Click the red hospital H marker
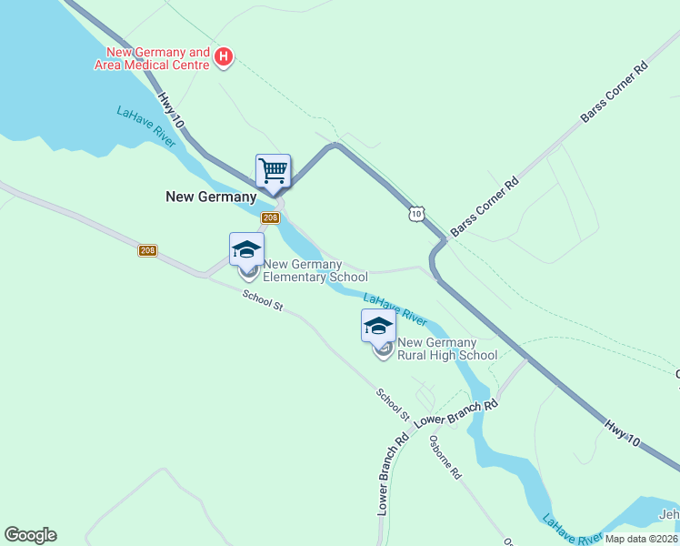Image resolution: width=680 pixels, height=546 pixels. [x=224, y=59]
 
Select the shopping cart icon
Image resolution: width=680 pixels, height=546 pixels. [x=273, y=170]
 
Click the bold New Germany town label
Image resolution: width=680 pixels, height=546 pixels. [x=211, y=196]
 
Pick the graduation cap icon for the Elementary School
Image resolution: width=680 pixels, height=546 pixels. [x=246, y=249]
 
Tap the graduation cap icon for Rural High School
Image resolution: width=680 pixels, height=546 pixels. [x=378, y=326]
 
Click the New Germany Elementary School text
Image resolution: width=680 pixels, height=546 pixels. [x=315, y=270]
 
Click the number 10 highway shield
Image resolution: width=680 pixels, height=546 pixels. [x=415, y=213]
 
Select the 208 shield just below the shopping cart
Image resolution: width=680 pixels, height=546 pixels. [x=270, y=217]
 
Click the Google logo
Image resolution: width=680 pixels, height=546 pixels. [x=30, y=535]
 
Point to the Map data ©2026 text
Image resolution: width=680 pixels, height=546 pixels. [x=640, y=539]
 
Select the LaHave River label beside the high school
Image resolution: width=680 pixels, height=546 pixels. [x=395, y=309]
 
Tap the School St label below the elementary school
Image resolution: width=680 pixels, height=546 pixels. [x=263, y=300]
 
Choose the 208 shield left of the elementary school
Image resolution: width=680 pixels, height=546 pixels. [x=149, y=250]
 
